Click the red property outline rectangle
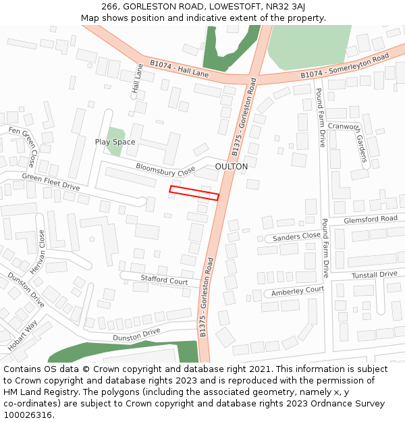pyautogui.click(x=194, y=193)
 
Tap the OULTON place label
pyautogui.click(x=231, y=166)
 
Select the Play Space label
pyautogui.click(x=115, y=142)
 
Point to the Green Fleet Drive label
pyautogui.click(x=51, y=182)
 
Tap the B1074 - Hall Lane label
pyautogui.click(x=180, y=70)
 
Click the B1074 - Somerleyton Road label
pyautogui.click(x=345, y=65)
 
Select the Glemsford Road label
pyautogui.click(x=371, y=219)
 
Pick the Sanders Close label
pyautogui.click(x=297, y=236)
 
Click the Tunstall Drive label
pyautogui.click(x=375, y=274)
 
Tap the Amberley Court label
pyautogui.click(x=298, y=291)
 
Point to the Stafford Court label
pyautogui.click(x=164, y=280)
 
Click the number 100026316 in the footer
pyautogui.click(x=29, y=415)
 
